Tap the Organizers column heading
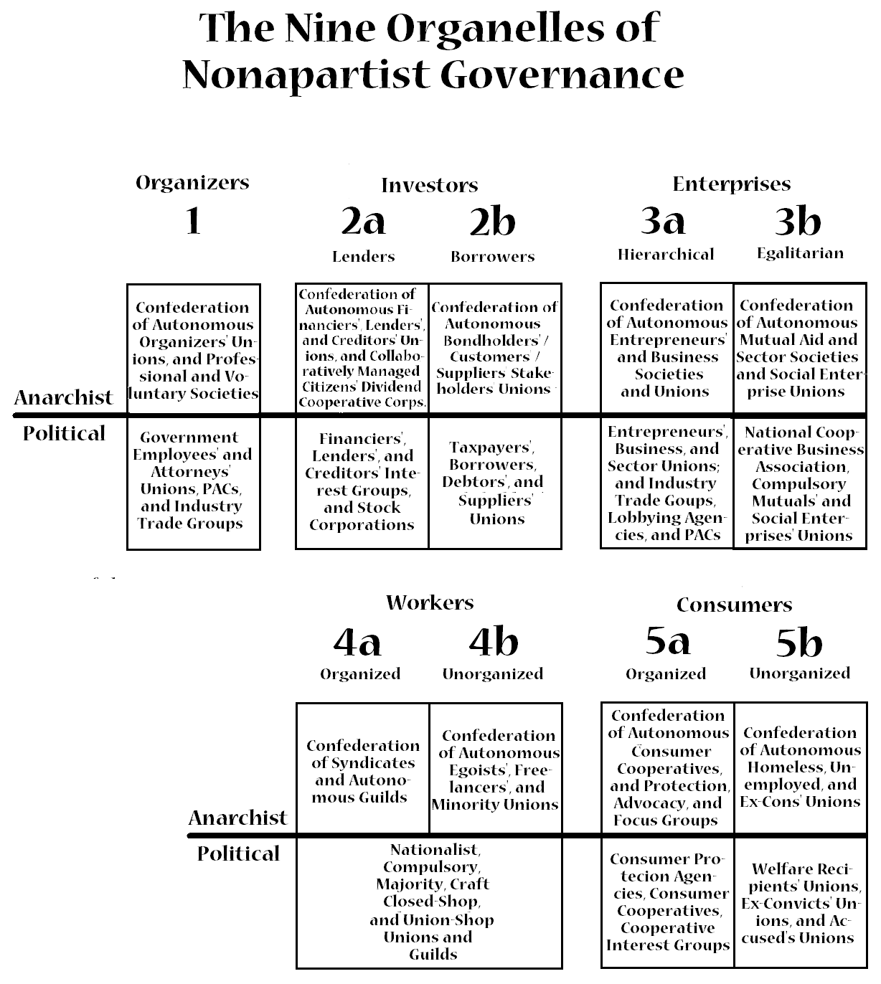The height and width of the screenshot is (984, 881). click(192, 183)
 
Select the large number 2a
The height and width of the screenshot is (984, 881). click(363, 222)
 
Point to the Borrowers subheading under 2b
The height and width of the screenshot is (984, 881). click(492, 257)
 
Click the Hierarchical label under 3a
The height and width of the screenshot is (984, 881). click(666, 255)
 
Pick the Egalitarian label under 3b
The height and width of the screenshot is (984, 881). click(800, 253)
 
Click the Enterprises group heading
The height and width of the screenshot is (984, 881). click(731, 184)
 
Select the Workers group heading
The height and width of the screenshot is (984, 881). click(430, 602)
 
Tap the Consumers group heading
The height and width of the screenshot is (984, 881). click(734, 605)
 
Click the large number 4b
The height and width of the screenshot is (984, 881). click(494, 642)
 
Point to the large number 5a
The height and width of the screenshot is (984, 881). click(667, 640)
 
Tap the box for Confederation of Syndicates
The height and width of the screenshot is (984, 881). click(362, 769)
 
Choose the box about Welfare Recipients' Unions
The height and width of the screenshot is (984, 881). click(800, 902)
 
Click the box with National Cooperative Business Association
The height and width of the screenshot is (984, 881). click(800, 483)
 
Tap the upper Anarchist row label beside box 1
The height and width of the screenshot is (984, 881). click(64, 398)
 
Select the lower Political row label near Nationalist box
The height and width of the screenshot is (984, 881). click(238, 854)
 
